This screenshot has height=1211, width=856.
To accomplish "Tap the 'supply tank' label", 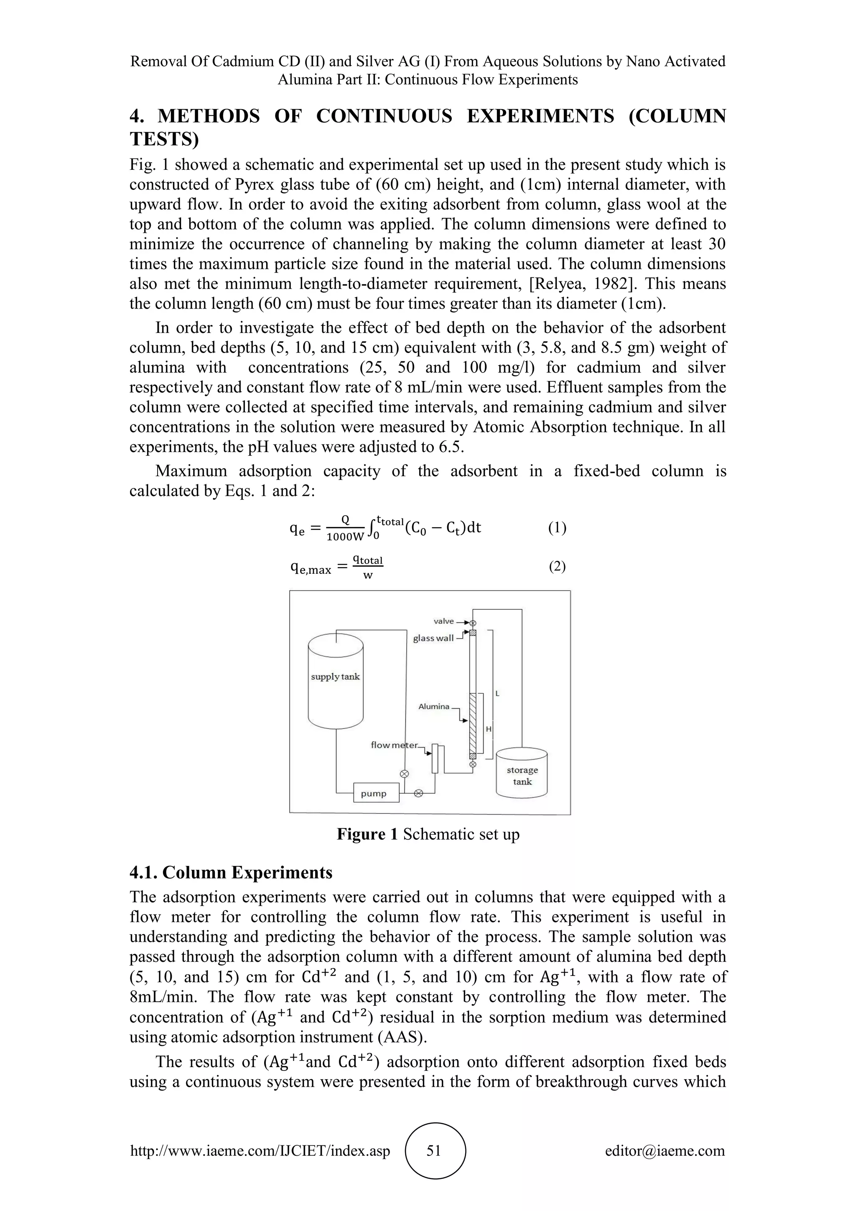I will click(x=335, y=677).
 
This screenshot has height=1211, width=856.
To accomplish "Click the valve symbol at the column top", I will click(x=473, y=623).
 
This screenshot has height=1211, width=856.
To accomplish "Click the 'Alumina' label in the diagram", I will click(x=434, y=707).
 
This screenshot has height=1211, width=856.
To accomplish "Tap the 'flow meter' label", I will click(x=394, y=745).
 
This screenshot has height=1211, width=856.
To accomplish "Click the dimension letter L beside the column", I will click(x=497, y=694).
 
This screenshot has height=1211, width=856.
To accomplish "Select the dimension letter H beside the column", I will click(x=489, y=729).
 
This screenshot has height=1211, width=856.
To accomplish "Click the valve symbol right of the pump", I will click(x=418, y=793).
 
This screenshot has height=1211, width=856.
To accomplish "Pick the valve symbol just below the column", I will click(x=473, y=764).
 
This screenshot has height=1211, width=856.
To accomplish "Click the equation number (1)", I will click(x=557, y=528).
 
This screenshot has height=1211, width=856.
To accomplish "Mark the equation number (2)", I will click(x=557, y=567).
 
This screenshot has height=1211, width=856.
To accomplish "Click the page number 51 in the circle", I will click(x=434, y=1151).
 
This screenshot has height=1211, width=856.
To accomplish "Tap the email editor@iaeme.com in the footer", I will click(x=665, y=1151).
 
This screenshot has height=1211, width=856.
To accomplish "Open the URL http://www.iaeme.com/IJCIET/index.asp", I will click(x=260, y=1151).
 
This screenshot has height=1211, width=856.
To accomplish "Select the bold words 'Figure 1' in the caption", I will click(x=367, y=834).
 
